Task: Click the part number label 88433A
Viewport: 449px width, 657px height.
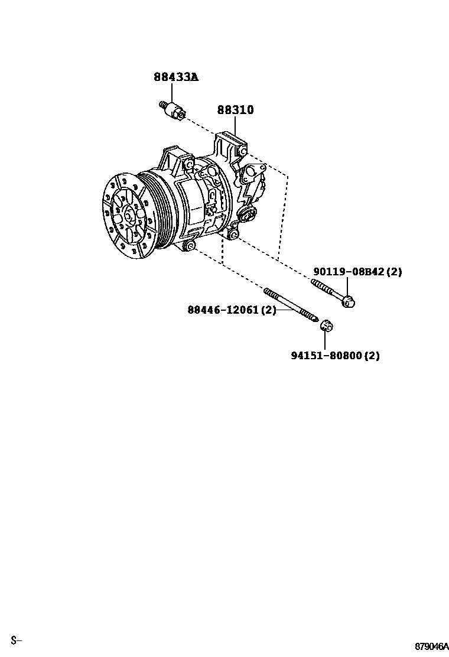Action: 177,77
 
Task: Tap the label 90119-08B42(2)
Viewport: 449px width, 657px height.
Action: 357,272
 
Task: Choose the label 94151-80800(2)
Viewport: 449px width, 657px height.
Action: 335,356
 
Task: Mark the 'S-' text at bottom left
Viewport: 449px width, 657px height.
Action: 16,640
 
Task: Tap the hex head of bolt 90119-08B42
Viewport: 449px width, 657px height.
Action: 348,301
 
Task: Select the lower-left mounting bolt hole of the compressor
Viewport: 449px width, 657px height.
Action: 190,245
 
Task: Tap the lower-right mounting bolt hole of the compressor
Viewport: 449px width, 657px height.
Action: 234,236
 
